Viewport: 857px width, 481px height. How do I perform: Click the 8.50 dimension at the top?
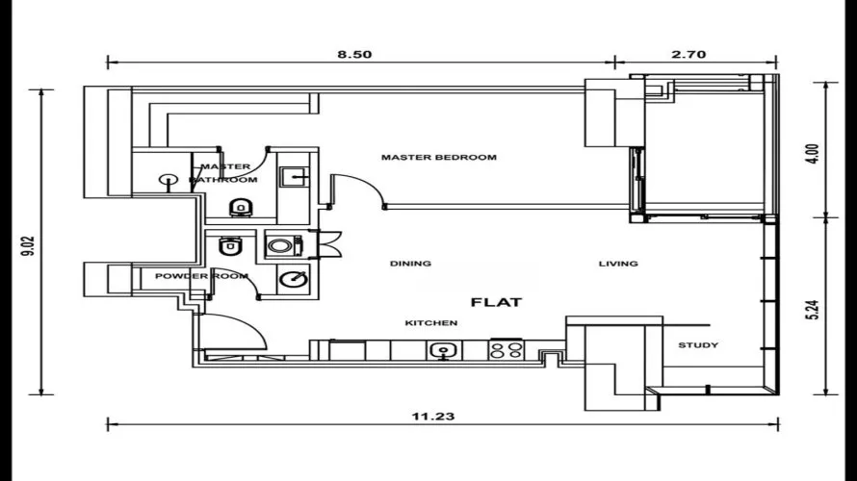[x=354, y=55]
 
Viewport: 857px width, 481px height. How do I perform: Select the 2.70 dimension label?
[x=689, y=55]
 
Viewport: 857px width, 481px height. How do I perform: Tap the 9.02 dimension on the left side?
[x=28, y=241]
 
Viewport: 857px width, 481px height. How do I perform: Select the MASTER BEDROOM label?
[x=438, y=157]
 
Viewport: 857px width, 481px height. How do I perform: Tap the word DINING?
[x=410, y=264]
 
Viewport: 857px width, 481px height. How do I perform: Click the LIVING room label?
[x=618, y=264]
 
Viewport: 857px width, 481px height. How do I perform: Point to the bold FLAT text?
[x=496, y=302]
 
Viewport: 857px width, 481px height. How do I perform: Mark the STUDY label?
[x=697, y=345]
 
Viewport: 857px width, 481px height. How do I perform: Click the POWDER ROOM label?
[x=201, y=276]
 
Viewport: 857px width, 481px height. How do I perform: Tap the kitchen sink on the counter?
[x=444, y=350]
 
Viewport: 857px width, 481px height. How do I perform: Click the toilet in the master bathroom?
[x=241, y=207]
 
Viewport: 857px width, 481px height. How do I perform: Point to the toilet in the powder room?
[x=228, y=247]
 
